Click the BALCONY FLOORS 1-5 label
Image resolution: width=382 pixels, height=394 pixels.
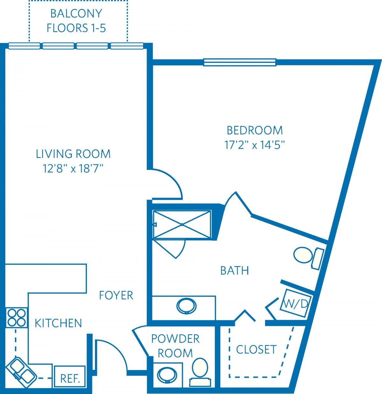click(x=76, y=21)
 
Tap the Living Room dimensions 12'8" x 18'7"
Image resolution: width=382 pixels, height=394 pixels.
click(x=73, y=168)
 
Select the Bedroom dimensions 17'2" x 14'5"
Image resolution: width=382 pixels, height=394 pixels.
click(x=255, y=145)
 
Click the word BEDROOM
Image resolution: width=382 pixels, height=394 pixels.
click(x=255, y=130)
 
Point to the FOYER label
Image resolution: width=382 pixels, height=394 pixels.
click(x=116, y=295)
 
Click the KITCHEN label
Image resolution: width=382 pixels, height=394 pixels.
click(x=58, y=323)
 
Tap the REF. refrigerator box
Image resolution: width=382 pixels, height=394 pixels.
click(x=69, y=377)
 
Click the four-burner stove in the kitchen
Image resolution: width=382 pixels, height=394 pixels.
click(x=16, y=317)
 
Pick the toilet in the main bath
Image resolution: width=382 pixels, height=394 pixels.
click(x=308, y=258)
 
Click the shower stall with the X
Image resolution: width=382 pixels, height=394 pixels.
click(x=182, y=224)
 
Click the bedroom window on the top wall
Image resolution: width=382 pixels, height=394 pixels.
click(x=240, y=62)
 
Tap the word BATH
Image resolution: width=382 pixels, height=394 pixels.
click(x=235, y=271)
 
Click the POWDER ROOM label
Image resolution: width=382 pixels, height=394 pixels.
click(x=175, y=346)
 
